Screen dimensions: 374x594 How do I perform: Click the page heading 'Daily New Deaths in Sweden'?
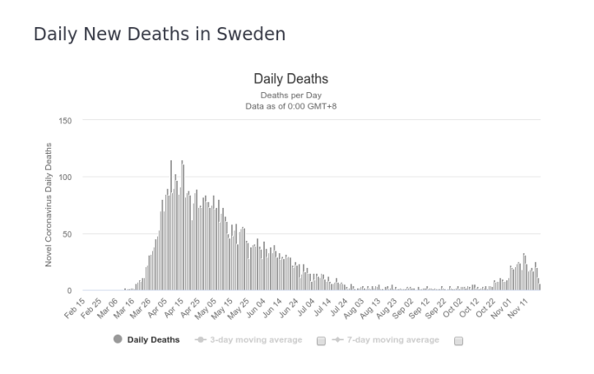[159, 35]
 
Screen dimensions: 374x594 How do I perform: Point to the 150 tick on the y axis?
[65, 120]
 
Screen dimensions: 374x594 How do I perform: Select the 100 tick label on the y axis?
[65, 177]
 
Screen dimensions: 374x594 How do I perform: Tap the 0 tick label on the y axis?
[69, 291]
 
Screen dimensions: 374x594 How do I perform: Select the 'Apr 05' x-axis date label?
[156, 308]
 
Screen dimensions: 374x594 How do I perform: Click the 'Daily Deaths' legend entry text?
[153, 339]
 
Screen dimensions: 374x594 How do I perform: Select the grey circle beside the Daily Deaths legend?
[117, 339]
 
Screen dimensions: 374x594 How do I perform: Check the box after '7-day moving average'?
[459, 340]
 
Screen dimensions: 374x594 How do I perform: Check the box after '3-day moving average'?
[321, 340]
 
